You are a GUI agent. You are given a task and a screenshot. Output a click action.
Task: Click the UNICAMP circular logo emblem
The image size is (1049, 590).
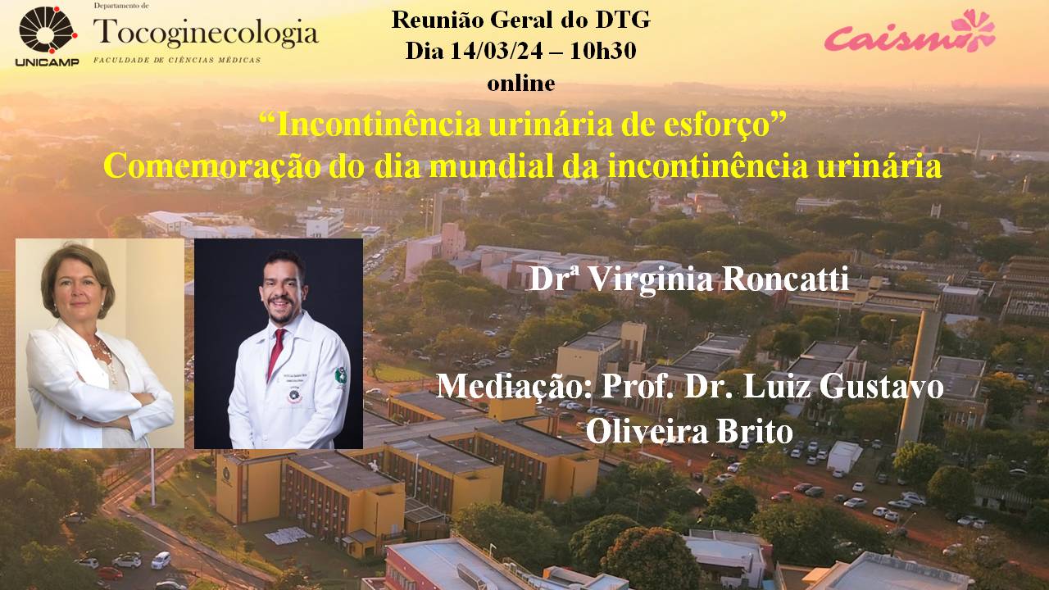pos(48,30)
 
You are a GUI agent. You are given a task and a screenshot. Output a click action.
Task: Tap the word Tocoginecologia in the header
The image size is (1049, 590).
pos(206,34)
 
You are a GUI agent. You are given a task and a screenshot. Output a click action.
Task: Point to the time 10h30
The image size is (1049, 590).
pos(602,51)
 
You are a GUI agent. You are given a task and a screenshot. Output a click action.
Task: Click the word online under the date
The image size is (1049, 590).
pos(520,84)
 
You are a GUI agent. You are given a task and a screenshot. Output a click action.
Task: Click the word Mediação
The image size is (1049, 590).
pos(514,388)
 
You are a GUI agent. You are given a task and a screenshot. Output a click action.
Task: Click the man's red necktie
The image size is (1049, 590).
pos(276,352)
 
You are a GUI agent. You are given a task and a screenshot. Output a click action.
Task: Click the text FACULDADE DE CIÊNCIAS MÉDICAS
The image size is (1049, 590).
pos(177,60)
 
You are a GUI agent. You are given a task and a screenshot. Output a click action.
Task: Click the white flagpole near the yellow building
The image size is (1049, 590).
pos(152,477)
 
